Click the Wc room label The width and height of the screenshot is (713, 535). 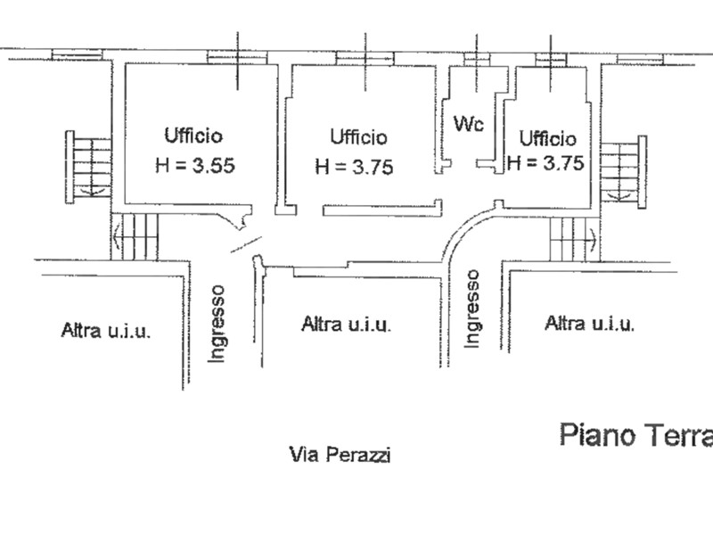pos(469,123)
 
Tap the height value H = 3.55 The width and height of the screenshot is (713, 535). pos(195,165)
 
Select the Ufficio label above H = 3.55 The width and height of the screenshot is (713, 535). pos(193,136)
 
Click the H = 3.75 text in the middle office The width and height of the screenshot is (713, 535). pos(354,167)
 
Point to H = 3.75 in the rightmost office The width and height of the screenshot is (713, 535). pos(545,162)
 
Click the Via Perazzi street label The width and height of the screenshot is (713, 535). pos(340,454)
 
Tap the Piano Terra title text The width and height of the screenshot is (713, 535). pos(636,435)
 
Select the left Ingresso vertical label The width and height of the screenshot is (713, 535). pos(217,324)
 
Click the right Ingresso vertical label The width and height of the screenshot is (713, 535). pos(472,309)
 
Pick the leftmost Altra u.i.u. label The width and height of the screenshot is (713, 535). pos(105,330)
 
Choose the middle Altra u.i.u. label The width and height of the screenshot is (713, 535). pos(346,325)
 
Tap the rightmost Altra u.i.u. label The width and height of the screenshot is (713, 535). pos(589,324)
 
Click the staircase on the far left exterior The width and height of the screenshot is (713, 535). pos(88,167)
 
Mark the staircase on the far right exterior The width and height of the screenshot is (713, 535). pos(623,172)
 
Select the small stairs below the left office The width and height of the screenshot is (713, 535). pos(135,236)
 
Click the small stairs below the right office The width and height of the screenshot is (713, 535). pos(574,239)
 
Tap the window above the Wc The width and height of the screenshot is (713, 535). pos(477,60)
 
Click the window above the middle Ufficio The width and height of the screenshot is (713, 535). pos(365,59)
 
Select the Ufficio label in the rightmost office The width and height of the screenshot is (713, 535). pos(547,138)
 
